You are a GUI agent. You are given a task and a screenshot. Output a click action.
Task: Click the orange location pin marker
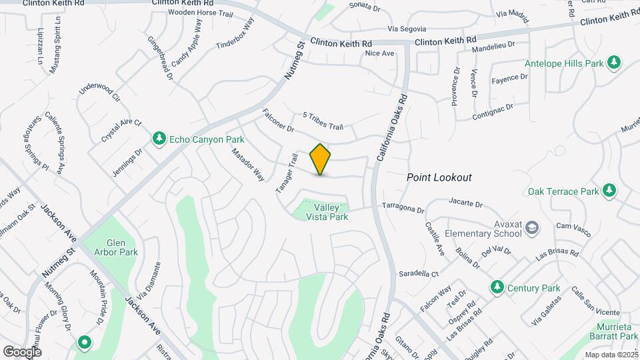point(320,159)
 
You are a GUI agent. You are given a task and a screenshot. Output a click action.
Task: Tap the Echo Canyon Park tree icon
point(159,138)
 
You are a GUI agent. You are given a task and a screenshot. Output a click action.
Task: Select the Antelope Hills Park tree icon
point(613,63)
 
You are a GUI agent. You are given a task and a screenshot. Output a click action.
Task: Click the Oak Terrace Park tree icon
point(609,191)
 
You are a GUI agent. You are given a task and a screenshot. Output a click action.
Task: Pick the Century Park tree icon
point(496,287)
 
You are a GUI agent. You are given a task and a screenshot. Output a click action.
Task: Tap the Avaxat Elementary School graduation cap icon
point(531,229)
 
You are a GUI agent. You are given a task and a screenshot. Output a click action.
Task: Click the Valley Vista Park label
point(327,212)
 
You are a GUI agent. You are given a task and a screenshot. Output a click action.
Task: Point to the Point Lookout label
point(439,177)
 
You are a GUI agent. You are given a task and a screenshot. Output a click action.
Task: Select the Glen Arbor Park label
point(120,247)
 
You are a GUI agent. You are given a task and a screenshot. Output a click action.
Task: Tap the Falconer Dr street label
point(278,119)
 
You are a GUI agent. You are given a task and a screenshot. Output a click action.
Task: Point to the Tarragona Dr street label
point(403,208)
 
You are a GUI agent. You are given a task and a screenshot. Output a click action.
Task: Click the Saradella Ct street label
point(418,274)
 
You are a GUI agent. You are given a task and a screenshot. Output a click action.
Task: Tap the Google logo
point(22,351)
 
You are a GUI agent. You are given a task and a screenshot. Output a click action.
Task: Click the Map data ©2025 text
point(611,355)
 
